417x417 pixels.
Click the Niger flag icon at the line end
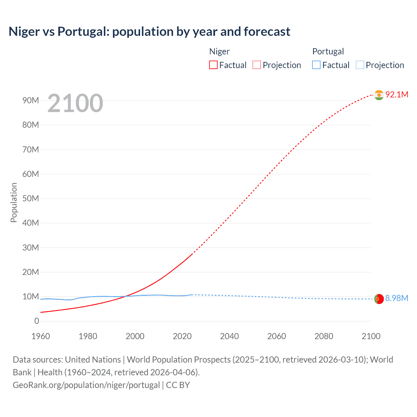379,95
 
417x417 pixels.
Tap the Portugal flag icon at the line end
379,299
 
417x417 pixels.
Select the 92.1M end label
396,94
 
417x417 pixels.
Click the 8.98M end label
396,298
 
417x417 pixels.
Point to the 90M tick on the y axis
31,100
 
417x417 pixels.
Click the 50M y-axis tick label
31,198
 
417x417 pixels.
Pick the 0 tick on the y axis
36,321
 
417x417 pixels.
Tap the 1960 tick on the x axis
41,336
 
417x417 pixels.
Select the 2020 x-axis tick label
182,336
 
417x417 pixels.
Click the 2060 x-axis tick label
277,336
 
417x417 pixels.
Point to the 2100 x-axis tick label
371,336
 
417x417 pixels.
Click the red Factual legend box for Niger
213,65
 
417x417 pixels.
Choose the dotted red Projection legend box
256,65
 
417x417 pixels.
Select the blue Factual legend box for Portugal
316,65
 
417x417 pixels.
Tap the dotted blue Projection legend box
360,65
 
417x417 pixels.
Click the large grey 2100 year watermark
75,103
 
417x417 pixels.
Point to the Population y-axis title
14,202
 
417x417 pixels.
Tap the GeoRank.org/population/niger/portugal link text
86,385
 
